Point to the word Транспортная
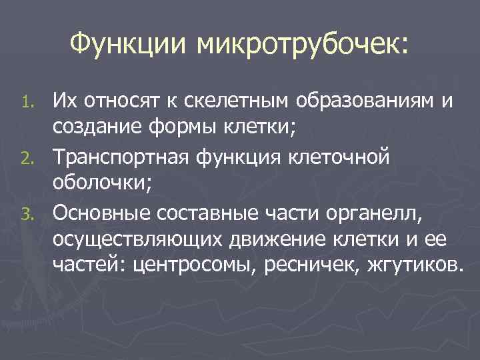[116, 157]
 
